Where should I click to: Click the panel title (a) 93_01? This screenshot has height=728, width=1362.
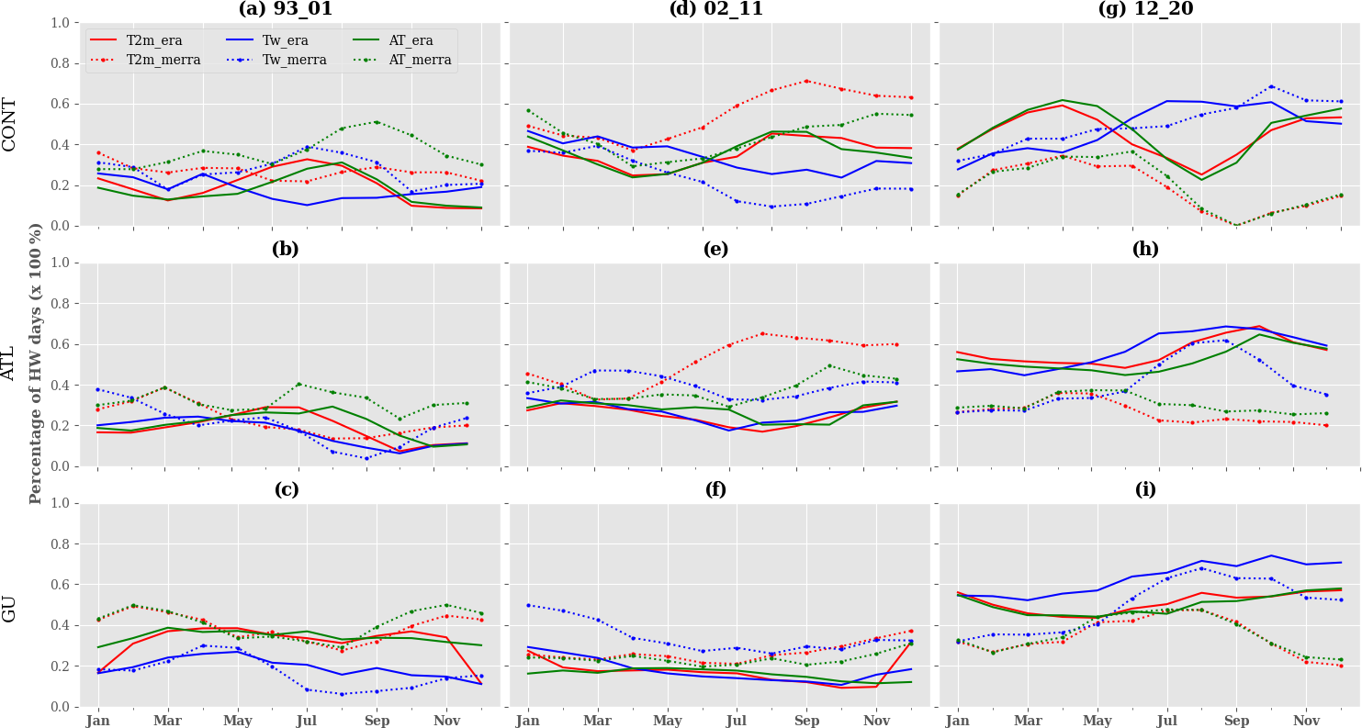(x=286, y=9)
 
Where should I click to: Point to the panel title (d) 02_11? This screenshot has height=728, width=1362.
(x=715, y=9)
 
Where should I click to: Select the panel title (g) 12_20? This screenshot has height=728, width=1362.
(x=1145, y=9)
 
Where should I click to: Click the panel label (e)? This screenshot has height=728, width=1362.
(x=715, y=250)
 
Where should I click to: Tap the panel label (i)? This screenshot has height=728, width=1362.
(x=1145, y=490)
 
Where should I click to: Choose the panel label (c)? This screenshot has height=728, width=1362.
(x=286, y=490)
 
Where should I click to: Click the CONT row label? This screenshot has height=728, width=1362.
(x=10, y=124)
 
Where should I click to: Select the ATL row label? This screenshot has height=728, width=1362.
(x=10, y=364)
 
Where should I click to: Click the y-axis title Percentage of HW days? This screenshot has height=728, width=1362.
(x=37, y=364)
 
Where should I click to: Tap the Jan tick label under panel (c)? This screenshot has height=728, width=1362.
(x=98, y=721)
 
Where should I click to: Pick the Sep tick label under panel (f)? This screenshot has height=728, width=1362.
(x=806, y=721)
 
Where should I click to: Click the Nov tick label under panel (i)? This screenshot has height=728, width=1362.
(x=1305, y=721)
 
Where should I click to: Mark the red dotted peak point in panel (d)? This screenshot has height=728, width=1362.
(x=806, y=81)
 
